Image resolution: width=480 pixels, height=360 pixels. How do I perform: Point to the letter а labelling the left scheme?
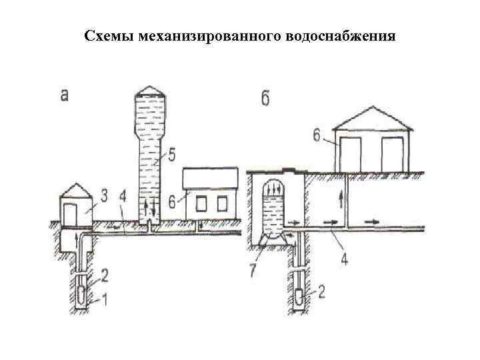pos(65,96)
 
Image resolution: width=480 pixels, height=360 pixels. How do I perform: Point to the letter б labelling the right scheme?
pos(265,100)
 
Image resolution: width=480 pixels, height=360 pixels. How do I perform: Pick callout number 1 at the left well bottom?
pos(102,301)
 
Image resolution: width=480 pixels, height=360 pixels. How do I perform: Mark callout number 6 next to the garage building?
pos(317,137)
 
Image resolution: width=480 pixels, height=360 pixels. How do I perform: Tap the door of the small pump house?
pos(71,213)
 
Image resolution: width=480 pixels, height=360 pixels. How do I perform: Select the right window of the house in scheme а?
pos(221,203)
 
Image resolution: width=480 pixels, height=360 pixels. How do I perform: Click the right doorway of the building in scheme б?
pos(394,155)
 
